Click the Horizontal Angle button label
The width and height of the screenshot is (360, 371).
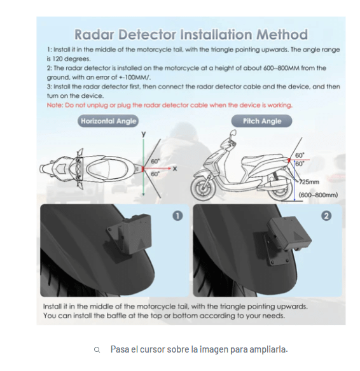(108, 121)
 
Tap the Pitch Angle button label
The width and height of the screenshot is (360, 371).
(261, 121)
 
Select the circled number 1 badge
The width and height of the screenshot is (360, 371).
(177, 216)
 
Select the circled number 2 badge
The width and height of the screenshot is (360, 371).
(326, 216)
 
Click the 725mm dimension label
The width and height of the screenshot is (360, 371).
(309, 182)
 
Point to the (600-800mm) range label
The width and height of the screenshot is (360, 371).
(318, 195)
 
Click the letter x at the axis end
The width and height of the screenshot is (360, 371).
(175, 169)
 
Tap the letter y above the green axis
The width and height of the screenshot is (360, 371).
(143, 134)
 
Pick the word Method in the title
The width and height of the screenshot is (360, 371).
(282, 34)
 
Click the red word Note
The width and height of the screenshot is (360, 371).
(55, 105)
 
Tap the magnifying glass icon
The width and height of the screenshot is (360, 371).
(97, 350)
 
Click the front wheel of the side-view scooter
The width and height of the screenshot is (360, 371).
(203, 189)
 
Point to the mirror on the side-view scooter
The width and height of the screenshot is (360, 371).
(233, 133)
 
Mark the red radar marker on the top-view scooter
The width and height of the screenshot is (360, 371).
(142, 169)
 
